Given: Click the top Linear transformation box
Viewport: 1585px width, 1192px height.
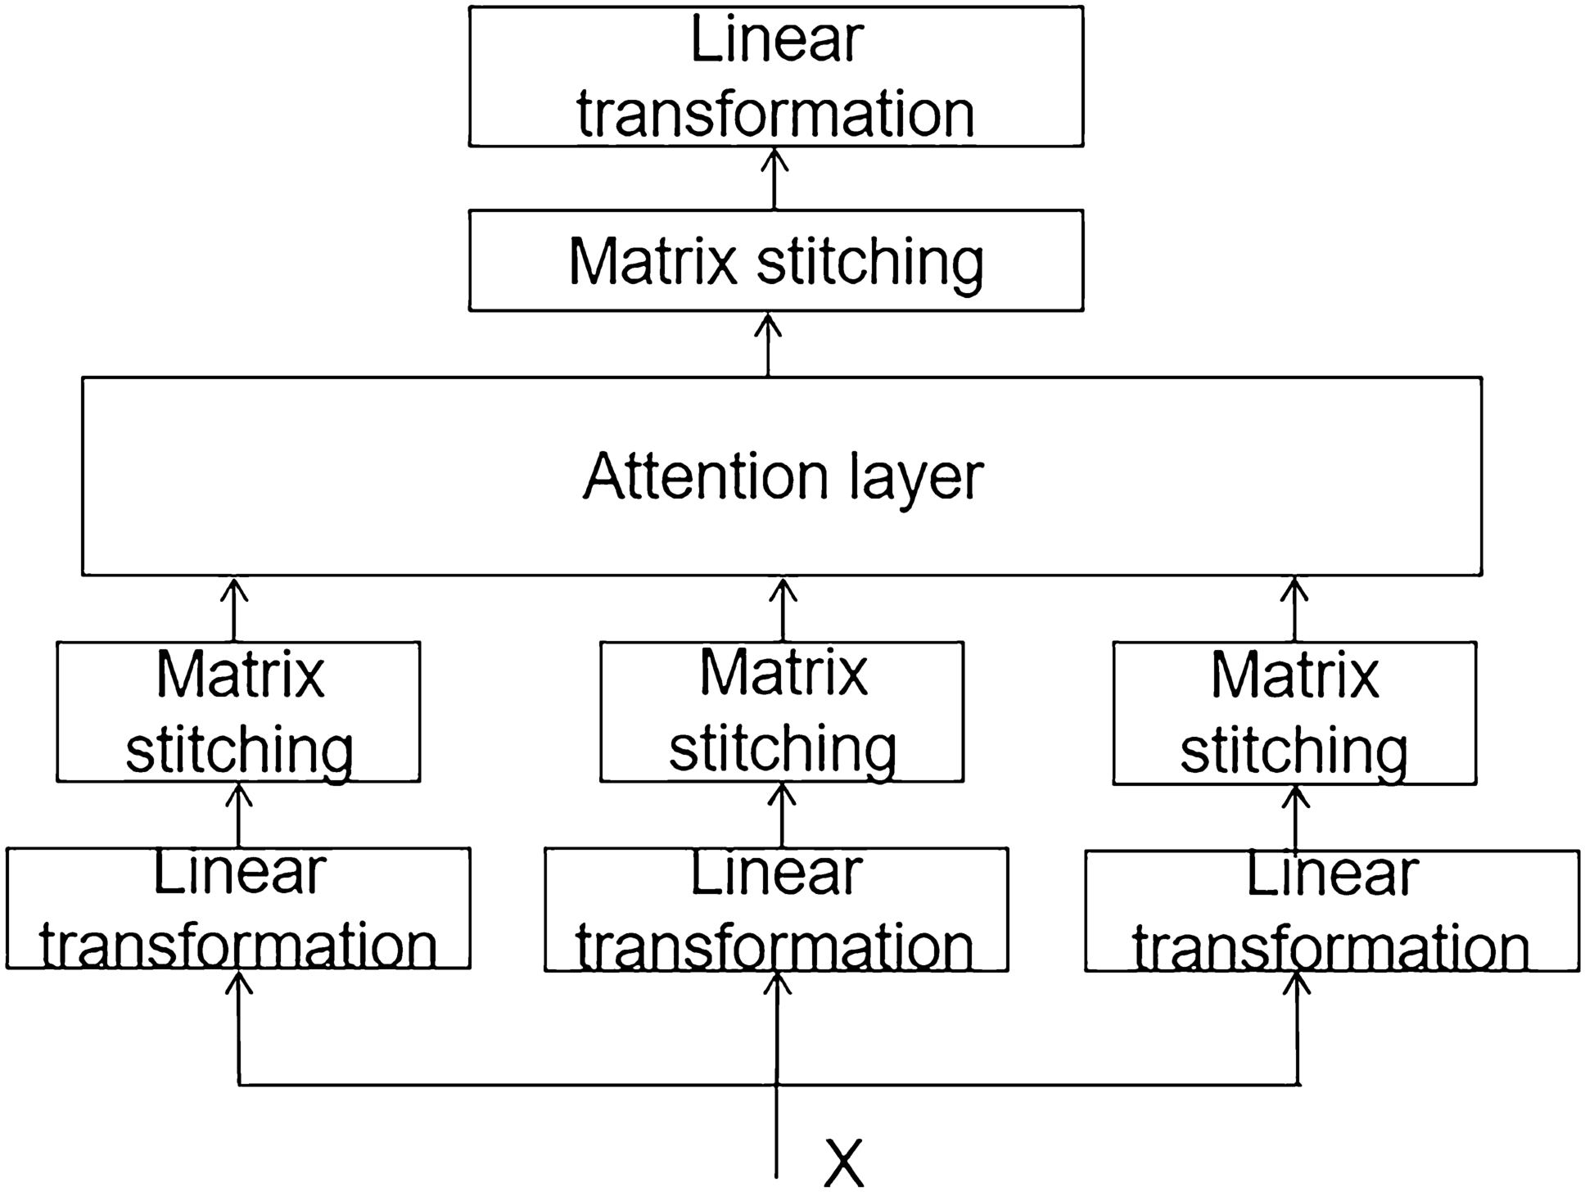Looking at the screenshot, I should point(775,76).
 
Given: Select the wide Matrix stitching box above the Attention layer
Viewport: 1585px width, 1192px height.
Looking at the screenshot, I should point(775,260).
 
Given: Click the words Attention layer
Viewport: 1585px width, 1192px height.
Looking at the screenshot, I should point(782,476).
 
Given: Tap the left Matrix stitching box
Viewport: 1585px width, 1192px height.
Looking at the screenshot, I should point(238,711).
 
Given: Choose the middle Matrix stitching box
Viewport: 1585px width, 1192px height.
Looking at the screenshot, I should point(782,711).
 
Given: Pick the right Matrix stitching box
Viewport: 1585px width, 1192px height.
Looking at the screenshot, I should point(1294,713).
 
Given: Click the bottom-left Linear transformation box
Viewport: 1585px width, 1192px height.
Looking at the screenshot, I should point(238,909).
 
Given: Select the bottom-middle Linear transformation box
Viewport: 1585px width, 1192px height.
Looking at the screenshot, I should point(776,910).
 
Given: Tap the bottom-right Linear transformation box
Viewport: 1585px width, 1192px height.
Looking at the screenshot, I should point(1332,911).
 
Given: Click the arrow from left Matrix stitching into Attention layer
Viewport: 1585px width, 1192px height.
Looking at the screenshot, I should point(235,609).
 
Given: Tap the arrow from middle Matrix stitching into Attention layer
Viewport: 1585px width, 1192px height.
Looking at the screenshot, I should point(783,609).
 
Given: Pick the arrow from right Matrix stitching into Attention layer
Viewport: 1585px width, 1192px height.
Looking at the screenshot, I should point(1295,609).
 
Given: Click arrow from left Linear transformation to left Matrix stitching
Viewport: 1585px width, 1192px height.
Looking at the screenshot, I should point(239,815).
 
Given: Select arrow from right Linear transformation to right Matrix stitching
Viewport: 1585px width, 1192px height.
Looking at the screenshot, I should point(1295,817).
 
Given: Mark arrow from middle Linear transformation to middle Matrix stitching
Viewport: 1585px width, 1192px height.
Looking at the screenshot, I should point(783,815).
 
